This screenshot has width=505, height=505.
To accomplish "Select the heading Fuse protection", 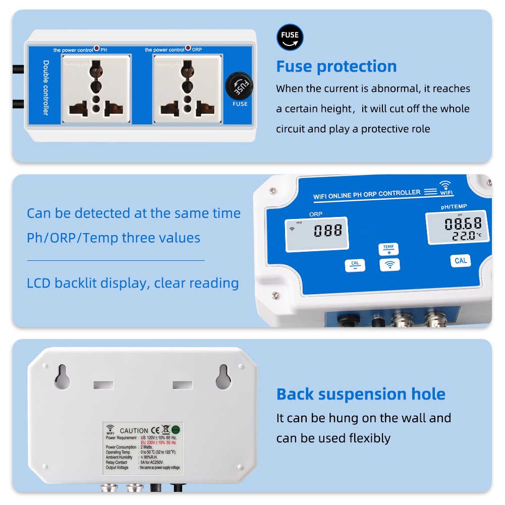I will point(336,66).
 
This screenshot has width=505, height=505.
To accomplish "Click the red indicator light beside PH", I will point(96,49).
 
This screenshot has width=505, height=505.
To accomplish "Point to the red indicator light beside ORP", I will point(188,48).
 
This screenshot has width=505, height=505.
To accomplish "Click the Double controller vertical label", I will point(45,87).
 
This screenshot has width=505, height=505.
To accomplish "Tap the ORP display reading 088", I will point(327,231).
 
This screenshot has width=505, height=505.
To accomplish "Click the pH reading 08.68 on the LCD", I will point(463,223).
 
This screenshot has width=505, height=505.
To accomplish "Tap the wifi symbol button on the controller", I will point(389,264).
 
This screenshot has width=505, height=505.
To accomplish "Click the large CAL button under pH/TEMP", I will point(461,260).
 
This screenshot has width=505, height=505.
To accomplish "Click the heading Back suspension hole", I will point(361,394).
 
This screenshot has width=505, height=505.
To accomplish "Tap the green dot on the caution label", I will point(176,430).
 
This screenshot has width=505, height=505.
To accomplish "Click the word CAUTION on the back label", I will point(134,431).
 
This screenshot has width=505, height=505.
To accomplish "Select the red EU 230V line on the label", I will point(161,442).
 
